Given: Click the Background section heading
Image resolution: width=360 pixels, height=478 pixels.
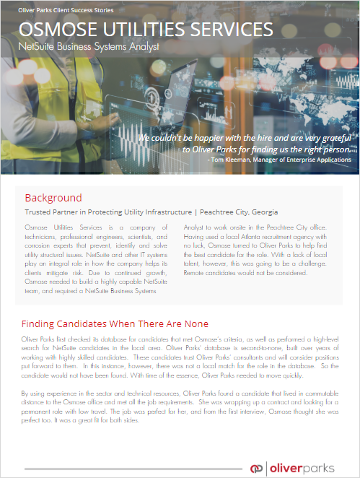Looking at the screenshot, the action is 53,198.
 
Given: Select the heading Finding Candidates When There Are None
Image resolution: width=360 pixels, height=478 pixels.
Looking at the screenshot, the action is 115,324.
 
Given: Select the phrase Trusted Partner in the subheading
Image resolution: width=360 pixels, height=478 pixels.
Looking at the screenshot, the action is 51,212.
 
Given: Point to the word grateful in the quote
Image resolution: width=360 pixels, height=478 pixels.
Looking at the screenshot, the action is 331,137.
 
